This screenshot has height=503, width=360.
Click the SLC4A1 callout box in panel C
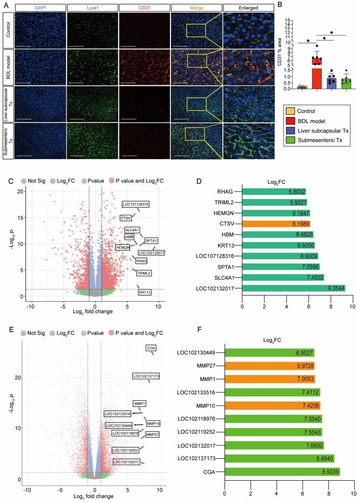(x=132, y=230)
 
